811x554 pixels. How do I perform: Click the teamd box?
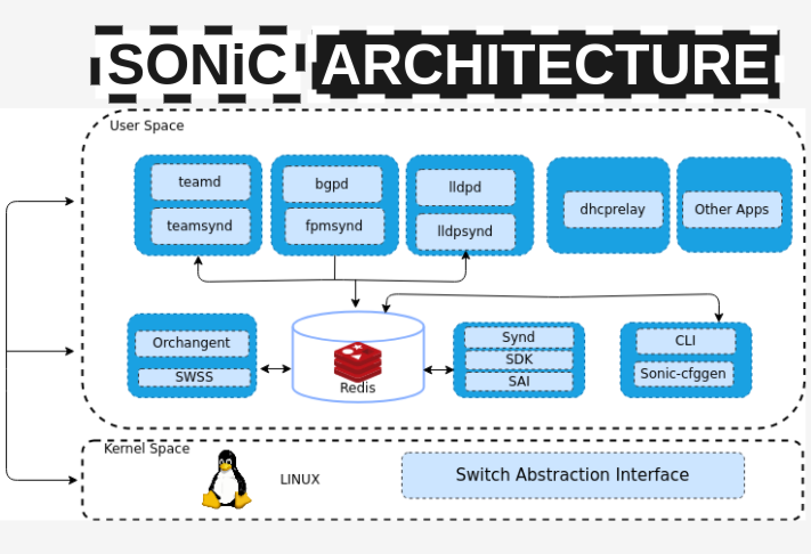point(200,182)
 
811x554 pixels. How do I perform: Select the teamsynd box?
point(200,226)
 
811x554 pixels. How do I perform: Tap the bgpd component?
point(332,184)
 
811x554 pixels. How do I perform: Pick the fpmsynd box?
point(334,226)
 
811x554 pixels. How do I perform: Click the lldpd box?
point(465,187)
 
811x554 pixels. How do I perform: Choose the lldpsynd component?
point(465,231)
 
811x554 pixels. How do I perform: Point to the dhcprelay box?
point(613,209)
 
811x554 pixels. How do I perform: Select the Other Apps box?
point(732,209)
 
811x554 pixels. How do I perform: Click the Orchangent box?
point(192,343)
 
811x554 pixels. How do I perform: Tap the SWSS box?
point(194,377)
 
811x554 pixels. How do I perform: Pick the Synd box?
point(518,337)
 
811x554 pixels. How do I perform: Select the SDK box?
point(518,360)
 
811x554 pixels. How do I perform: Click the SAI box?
point(518,381)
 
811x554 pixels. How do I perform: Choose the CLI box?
point(685,341)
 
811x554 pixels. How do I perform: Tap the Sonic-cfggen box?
point(683,374)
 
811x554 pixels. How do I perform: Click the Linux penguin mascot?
point(227,479)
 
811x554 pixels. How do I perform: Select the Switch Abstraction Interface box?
point(573,475)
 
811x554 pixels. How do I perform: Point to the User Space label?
point(147,125)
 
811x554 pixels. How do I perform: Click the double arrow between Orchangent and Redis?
point(275,369)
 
